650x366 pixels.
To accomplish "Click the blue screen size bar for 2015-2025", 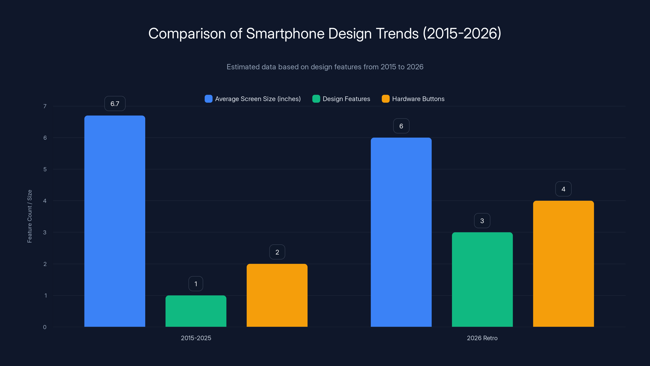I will click(x=115, y=221).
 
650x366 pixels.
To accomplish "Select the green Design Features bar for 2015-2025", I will click(x=196, y=311).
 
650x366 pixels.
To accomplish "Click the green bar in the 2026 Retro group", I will click(x=482, y=279).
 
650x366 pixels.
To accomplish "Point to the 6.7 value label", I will click(x=115, y=103).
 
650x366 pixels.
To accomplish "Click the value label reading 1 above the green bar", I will click(x=196, y=284).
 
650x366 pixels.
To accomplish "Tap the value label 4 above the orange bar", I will click(x=563, y=189).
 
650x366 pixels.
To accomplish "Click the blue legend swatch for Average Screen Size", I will click(x=208, y=99).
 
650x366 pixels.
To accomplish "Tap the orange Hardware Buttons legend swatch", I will click(x=385, y=99).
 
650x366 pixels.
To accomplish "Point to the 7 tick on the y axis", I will click(x=45, y=106).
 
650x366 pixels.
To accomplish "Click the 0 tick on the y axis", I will click(x=45, y=327).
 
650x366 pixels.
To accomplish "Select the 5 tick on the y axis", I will click(x=45, y=169).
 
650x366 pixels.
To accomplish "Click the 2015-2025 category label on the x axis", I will click(x=196, y=338).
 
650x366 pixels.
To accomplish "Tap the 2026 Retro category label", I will click(x=482, y=338).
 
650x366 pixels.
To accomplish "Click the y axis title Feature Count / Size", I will click(x=29, y=216).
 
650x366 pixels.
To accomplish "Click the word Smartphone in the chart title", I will click(x=285, y=33).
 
